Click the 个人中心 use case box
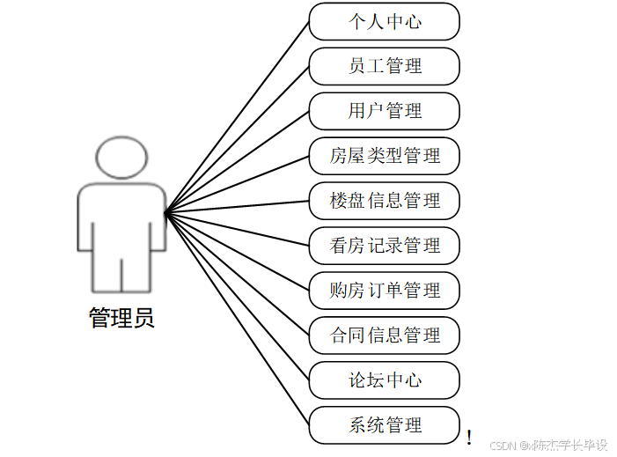tap(385, 21)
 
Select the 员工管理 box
tap(385, 66)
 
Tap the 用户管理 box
tap(385, 111)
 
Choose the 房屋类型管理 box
tap(385, 156)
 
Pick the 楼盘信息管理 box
tap(385, 201)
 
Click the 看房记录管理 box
tap(385, 246)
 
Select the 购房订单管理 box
tap(385, 291)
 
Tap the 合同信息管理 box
tap(385, 335)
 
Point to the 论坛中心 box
tap(385, 380)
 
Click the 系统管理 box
tap(385, 425)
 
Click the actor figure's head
tap(121, 158)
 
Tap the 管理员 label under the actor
tap(121, 318)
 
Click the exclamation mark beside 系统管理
tap(469, 437)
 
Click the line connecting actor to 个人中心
tap(238, 115)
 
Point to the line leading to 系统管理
tap(238, 319)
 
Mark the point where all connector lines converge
tap(166, 211)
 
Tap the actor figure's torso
tap(121, 220)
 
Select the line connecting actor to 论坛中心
tap(238, 296)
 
